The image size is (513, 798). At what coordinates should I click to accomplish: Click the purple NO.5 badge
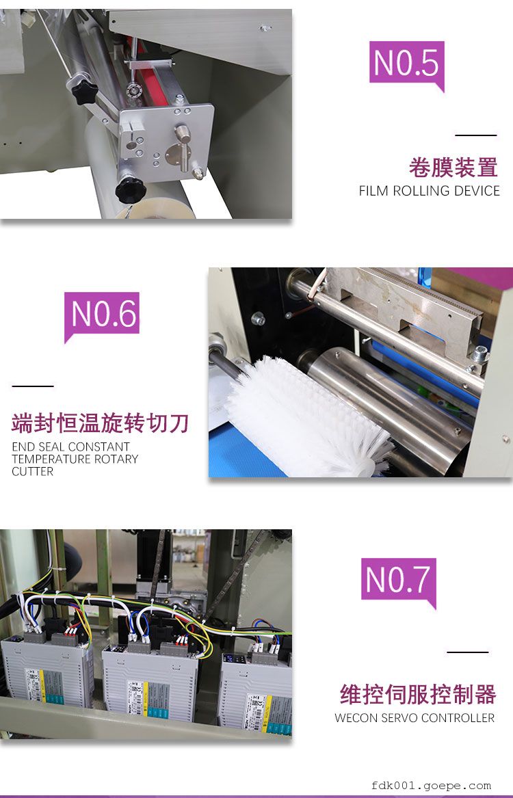(406, 64)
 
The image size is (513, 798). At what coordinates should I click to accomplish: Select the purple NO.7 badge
(399, 581)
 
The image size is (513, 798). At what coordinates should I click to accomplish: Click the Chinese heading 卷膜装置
(453, 168)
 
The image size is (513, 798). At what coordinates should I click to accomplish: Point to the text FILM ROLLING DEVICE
(429, 191)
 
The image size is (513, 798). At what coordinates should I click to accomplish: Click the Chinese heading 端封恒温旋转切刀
(101, 423)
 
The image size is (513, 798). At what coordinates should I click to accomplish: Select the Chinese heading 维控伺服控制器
(418, 694)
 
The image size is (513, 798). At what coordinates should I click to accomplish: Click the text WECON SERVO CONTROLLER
(415, 717)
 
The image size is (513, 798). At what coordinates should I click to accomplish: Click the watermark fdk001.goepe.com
(431, 786)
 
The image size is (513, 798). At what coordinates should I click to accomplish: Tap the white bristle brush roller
(305, 416)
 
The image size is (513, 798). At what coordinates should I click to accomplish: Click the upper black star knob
(84, 92)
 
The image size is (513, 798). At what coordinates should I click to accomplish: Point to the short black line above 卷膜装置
(475, 135)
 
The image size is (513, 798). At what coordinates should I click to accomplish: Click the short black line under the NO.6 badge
(33, 386)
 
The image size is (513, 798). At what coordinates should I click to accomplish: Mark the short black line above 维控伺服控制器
(467, 652)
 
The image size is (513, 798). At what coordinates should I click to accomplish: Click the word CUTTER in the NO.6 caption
(33, 472)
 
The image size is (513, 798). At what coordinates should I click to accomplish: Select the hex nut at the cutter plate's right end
(478, 355)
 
